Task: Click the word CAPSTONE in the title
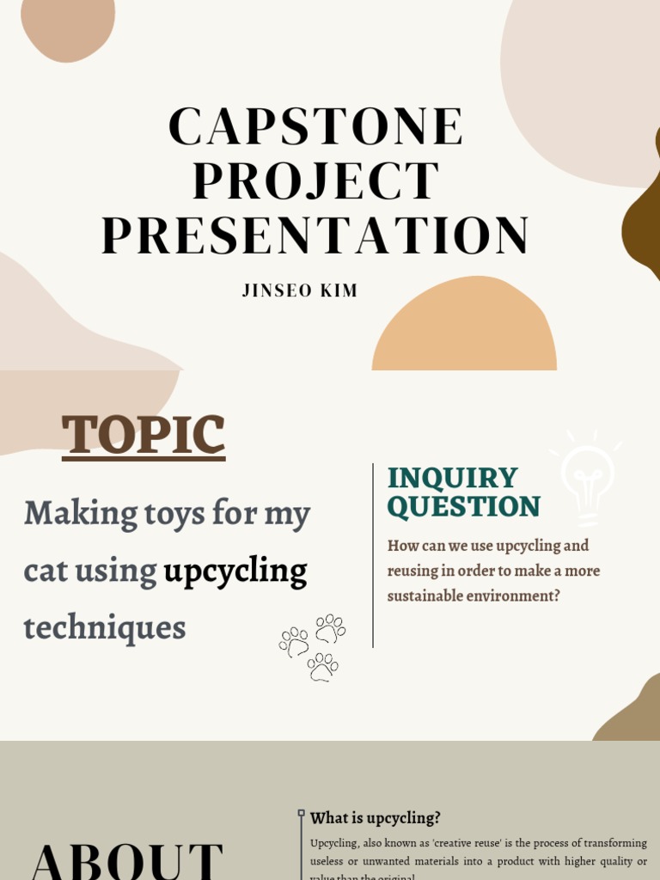315,126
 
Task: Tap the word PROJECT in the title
315,181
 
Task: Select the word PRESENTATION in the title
315,235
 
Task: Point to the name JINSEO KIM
300,290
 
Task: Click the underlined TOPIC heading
144,435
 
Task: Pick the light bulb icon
588,476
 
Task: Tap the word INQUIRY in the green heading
452,478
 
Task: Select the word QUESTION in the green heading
464,507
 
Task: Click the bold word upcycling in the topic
235,571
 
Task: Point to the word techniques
105,627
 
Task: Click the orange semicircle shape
464,327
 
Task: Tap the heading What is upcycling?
375,818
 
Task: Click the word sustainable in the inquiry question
429,596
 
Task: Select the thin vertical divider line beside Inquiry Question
373,555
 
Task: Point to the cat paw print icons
313,646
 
